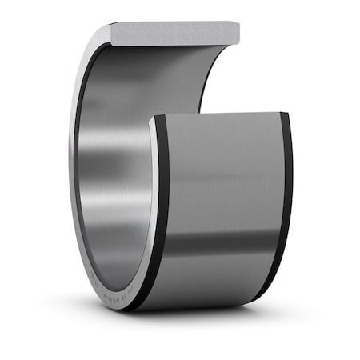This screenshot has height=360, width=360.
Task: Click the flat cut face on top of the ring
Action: coord(172,33)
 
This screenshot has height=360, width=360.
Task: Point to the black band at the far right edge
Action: coord(286,200)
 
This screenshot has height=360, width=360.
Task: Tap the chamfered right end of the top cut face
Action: coord(237,33)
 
